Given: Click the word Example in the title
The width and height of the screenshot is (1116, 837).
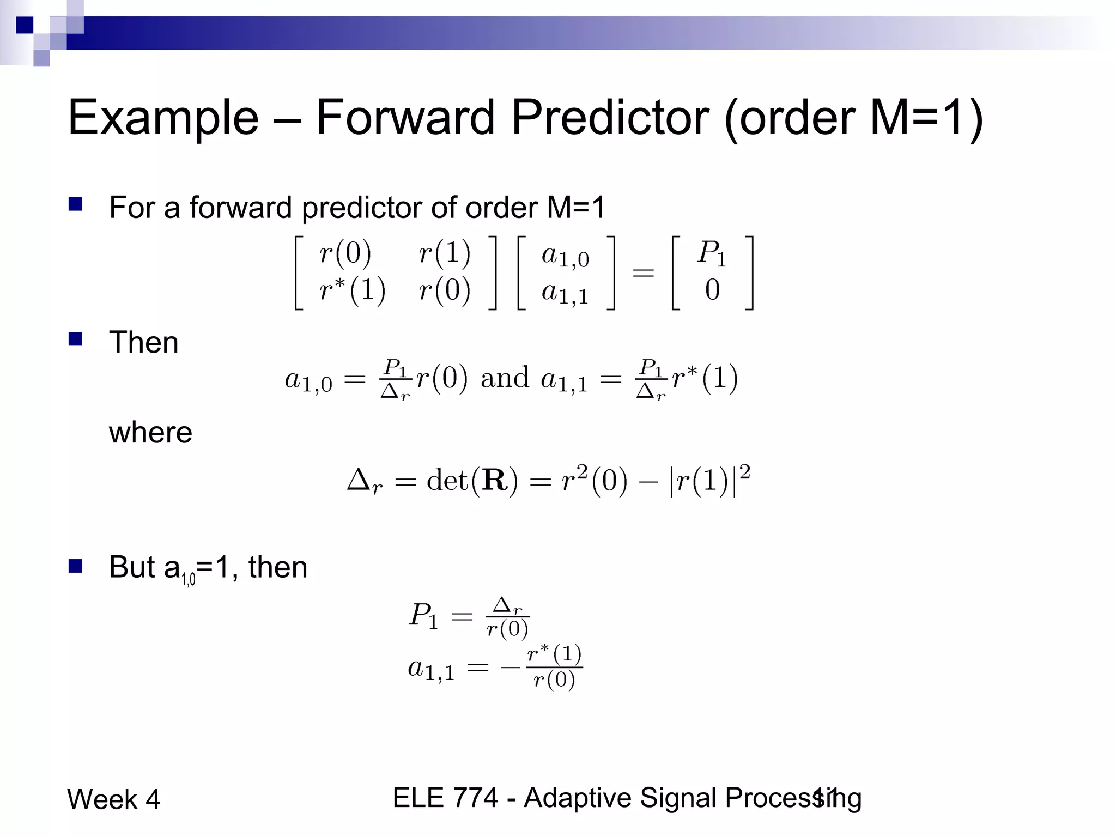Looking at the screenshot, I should pyautogui.click(x=163, y=118).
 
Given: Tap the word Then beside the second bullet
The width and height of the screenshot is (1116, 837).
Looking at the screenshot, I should pyautogui.click(x=143, y=342).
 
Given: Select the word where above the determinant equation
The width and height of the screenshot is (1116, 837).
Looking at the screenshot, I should pyautogui.click(x=150, y=433).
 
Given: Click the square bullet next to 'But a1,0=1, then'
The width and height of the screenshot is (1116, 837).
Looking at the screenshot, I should pyautogui.click(x=75, y=566).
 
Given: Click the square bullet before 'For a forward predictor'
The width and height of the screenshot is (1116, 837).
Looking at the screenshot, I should pyautogui.click(x=75, y=204).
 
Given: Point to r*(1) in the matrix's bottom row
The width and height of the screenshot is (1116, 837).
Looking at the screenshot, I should pyautogui.click(x=352, y=290).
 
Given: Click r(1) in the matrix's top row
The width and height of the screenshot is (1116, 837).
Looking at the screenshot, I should pyautogui.click(x=444, y=253).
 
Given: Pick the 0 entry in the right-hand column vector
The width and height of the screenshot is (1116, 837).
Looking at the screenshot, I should pyautogui.click(x=712, y=290).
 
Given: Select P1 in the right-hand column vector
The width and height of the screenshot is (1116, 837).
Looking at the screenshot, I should pyautogui.click(x=712, y=254).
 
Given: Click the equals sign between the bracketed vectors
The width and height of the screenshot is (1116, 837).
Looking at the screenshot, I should pyautogui.click(x=643, y=272).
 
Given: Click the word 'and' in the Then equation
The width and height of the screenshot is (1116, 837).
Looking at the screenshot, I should pyautogui.click(x=505, y=378).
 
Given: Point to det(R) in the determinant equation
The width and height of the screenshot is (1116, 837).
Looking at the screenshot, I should pyautogui.click(x=472, y=481).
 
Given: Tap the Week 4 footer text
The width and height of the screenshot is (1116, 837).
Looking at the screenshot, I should pyautogui.click(x=113, y=799).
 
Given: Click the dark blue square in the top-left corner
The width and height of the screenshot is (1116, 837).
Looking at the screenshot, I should pyautogui.click(x=25, y=25).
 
